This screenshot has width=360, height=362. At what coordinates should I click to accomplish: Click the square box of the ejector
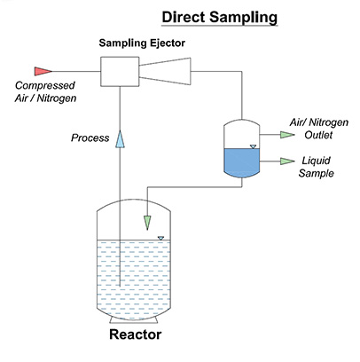tap(119, 70)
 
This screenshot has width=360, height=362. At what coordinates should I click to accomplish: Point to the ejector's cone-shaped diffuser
tap(172, 70)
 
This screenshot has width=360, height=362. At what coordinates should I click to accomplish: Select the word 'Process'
tap(90, 138)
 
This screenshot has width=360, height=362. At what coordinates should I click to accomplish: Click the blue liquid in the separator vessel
tap(239, 162)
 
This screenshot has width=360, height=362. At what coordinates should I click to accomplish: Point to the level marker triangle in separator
tap(252, 146)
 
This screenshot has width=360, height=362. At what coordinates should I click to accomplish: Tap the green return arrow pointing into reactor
tap(146, 221)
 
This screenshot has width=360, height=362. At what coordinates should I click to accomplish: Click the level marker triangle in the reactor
tap(160, 237)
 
